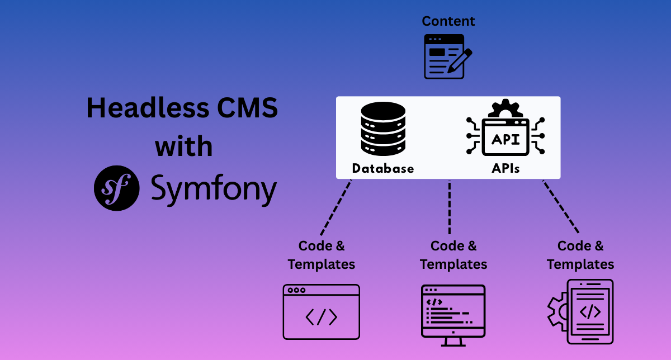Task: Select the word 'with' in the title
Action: [x=183, y=146]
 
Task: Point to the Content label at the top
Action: [x=448, y=21]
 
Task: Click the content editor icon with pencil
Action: [x=447, y=56]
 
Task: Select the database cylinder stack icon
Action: [x=383, y=129]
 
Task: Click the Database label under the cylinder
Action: [x=383, y=168]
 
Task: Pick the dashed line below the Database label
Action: [x=336, y=207]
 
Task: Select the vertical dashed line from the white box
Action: [x=450, y=207]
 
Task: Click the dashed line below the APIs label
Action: [x=560, y=207]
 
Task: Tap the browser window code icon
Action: [x=321, y=311]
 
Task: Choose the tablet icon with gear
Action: [x=582, y=311]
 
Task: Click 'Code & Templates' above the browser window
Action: [x=322, y=255]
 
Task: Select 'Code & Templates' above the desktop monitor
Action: [x=453, y=255]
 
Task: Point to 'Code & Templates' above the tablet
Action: [x=580, y=255]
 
